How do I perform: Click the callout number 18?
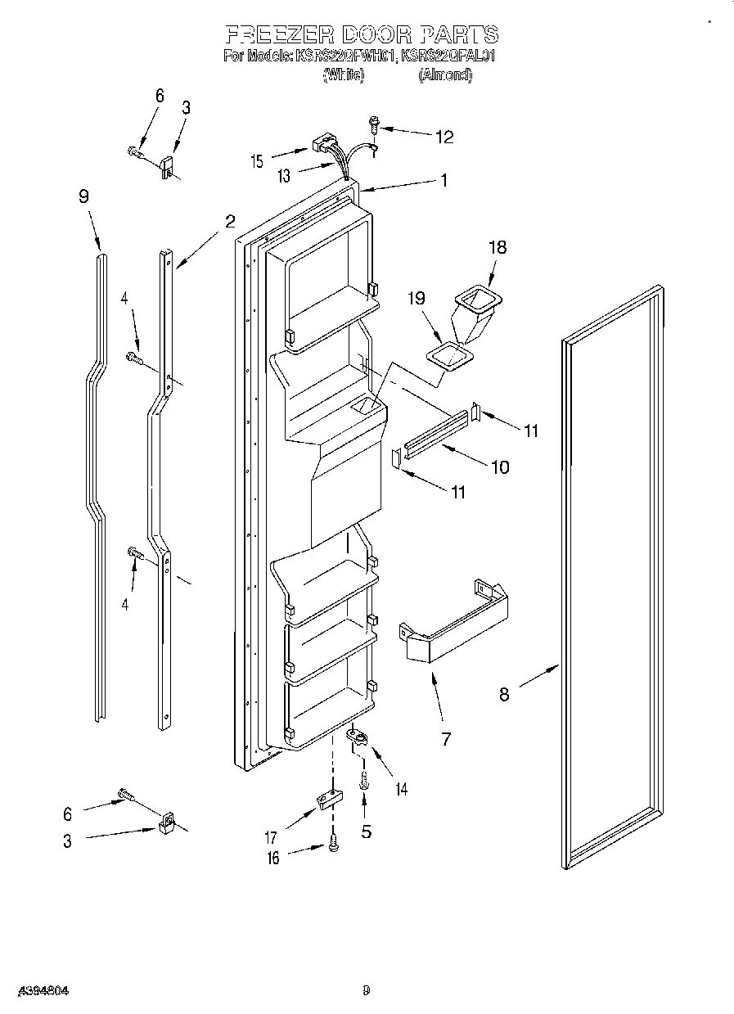tap(496, 248)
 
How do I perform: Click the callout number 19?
tap(417, 299)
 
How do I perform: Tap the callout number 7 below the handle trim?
tap(446, 738)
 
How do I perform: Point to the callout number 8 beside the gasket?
tap(504, 694)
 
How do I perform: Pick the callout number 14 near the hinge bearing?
tap(401, 789)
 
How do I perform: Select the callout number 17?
tap(271, 837)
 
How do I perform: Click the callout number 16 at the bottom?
tap(272, 858)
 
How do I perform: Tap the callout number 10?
tap(499, 467)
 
